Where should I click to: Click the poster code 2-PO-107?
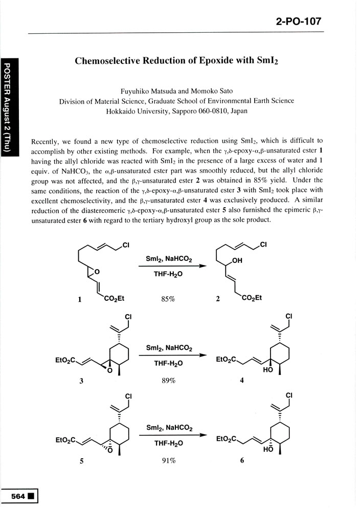(299, 21)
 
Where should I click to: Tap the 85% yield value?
(168, 299)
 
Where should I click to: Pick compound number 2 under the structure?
(218, 300)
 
